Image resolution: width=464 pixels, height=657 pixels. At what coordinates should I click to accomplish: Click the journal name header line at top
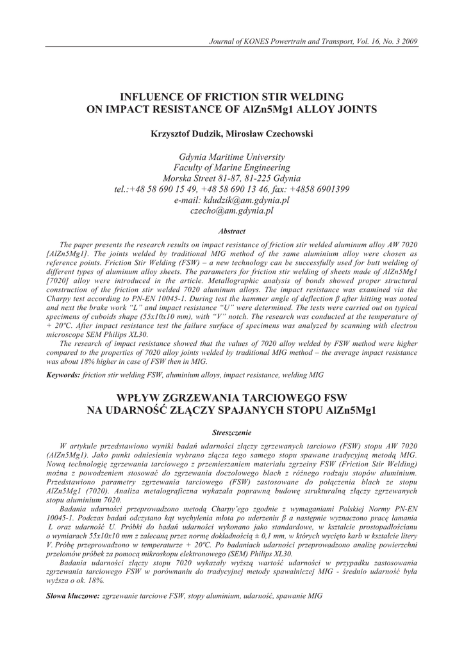pos(313,42)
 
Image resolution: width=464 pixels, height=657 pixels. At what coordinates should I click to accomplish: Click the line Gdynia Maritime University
pos(231,157)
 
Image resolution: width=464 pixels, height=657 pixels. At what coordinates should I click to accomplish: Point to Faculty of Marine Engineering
pos(231,167)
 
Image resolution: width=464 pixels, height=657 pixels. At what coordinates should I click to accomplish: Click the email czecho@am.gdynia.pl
pos(231,211)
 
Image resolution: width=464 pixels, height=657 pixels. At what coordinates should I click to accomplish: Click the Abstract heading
pos(231,231)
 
